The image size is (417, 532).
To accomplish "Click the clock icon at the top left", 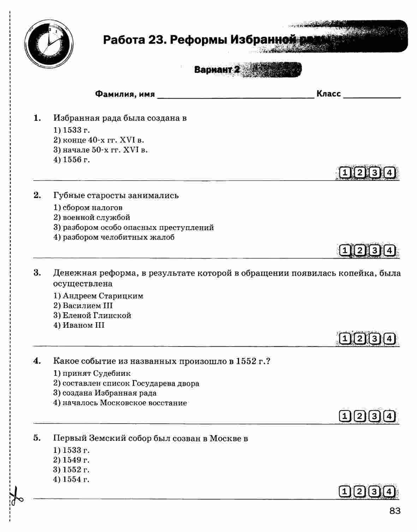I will (x=49, y=44).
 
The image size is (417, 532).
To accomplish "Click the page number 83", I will (x=395, y=511).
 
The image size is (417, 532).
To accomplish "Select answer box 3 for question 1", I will (x=375, y=173).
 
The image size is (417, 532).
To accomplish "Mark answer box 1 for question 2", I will (x=345, y=250).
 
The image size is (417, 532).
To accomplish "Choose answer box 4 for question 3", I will (x=389, y=339).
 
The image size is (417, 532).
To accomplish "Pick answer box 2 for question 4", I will (x=360, y=416).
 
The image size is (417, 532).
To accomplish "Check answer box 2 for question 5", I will (x=360, y=491).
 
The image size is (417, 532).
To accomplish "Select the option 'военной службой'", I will (x=96, y=217).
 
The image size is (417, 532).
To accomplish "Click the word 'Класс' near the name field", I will (x=328, y=94).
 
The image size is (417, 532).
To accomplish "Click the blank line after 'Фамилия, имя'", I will (x=235, y=95).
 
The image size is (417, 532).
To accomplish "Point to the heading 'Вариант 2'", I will (x=217, y=70).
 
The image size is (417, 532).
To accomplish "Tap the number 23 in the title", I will (x=155, y=40).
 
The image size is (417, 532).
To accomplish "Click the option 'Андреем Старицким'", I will (x=103, y=296).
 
